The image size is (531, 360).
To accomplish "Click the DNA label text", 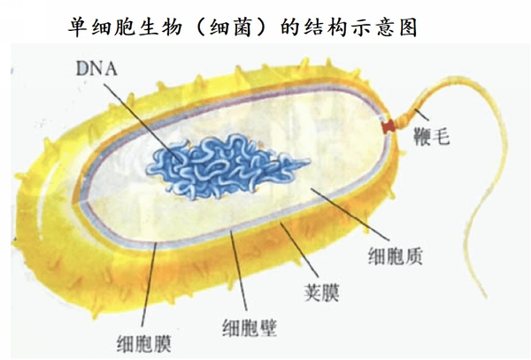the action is pyautogui.click(x=96, y=69).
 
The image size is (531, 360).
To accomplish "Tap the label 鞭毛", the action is pyautogui.click(x=432, y=137).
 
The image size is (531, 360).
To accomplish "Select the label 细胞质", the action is pyautogui.click(x=396, y=256).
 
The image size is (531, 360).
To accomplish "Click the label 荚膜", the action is pyautogui.click(x=321, y=292).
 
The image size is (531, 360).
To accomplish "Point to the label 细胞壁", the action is pyautogui.click(x=250, y=327).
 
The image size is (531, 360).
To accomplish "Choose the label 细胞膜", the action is pyautogui.click(x=144, y=344).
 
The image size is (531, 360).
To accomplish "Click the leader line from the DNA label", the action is pyautogui.click(x=142, y=122).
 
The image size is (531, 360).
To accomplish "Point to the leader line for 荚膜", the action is pyautogui.click(x=299, y=250).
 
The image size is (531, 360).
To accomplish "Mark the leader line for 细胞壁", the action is pyautogui.click(x=238, y=271).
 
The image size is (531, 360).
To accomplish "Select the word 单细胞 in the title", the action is pyautogui.click(x=102, y=27).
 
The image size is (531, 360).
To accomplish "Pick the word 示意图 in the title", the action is pyautogui.click(x=383, y=27).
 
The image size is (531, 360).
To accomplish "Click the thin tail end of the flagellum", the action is pyautogui.click(x=486, y=297).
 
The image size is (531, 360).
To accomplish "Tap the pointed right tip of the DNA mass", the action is pyautogui.click(x=310, y=163).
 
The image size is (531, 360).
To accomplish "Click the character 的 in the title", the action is pyautogui.click(x=289, y=27).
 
